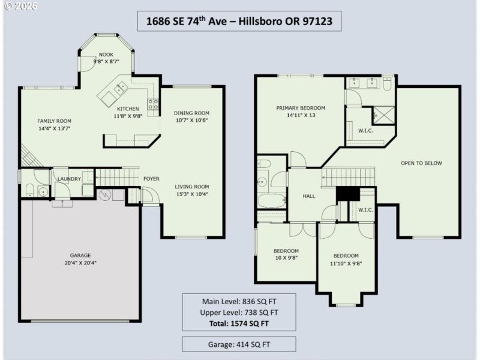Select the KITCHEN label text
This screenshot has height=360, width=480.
point(127,109)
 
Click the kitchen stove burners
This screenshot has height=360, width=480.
point(154,106)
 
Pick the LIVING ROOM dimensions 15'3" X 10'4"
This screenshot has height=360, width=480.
point(191,194)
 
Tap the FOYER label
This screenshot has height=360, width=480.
point(151,179)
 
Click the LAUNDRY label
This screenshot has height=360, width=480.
point(68,179)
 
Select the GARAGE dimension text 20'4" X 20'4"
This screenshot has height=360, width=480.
point(80,263)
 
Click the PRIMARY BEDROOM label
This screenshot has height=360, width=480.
point(300,108)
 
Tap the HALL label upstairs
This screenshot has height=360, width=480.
point(308,196)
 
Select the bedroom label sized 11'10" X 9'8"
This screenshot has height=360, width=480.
point(346,259)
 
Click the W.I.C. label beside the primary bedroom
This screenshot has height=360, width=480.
point(366,130)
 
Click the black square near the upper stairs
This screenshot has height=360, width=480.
point(346,194)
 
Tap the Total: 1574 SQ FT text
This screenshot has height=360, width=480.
point(239,323)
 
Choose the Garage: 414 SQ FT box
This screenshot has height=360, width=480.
point(239,344)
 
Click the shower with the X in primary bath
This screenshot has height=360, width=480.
point(382,114)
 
